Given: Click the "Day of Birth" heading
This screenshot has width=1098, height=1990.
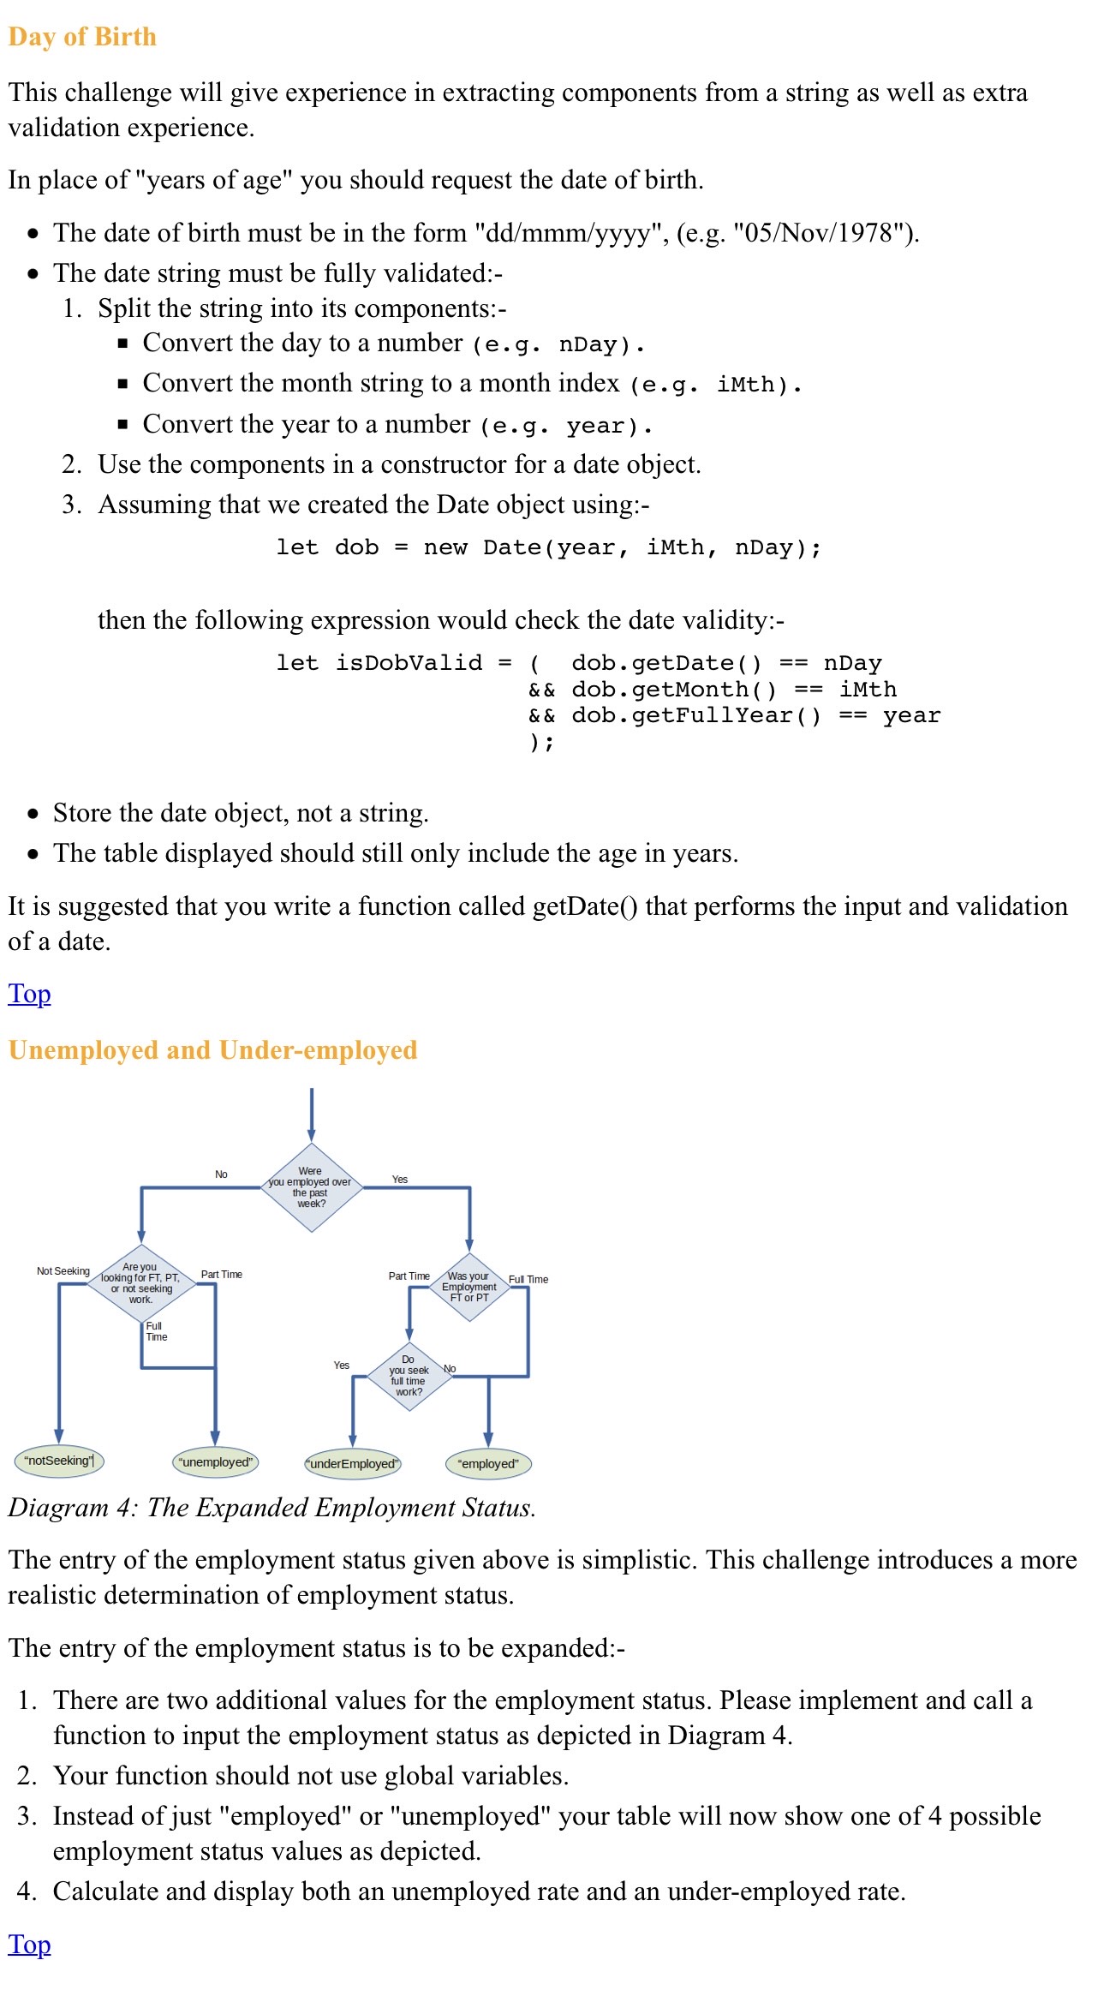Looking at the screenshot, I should (82, 37).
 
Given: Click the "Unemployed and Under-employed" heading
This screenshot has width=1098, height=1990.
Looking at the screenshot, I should (212, 1050).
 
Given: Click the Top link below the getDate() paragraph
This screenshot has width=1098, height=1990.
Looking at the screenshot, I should (29, 994).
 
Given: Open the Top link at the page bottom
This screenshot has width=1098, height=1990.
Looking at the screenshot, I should (29, 1945).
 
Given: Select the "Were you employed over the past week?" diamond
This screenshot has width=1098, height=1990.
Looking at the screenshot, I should (311, 1187).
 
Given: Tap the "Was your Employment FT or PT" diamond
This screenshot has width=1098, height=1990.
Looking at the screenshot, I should (469, 1287).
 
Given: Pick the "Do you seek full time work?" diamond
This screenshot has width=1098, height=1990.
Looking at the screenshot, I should (409, 1376).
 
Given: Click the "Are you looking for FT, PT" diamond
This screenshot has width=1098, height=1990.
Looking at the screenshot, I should (141, 1283).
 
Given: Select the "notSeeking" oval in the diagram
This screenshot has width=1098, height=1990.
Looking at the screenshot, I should (59, 1461).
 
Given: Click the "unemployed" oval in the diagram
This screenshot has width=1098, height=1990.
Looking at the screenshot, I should (216, 1462).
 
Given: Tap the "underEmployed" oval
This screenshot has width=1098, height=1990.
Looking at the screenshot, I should (353, 1464).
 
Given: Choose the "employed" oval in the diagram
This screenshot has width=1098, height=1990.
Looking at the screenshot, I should (488, 1464).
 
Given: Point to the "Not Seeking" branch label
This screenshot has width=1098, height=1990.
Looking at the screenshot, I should (63, 1271).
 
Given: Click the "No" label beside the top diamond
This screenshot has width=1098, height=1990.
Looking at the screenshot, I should (221, 1174).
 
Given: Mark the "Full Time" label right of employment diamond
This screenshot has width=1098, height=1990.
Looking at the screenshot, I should (528, 1280).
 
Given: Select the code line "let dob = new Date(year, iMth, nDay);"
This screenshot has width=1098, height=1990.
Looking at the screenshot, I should (548, 548).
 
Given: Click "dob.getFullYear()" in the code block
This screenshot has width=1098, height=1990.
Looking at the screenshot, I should (695, 716).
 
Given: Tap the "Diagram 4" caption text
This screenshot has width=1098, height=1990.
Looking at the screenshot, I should (272, 1508).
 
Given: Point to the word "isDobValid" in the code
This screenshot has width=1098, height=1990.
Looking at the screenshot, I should (409, 663).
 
